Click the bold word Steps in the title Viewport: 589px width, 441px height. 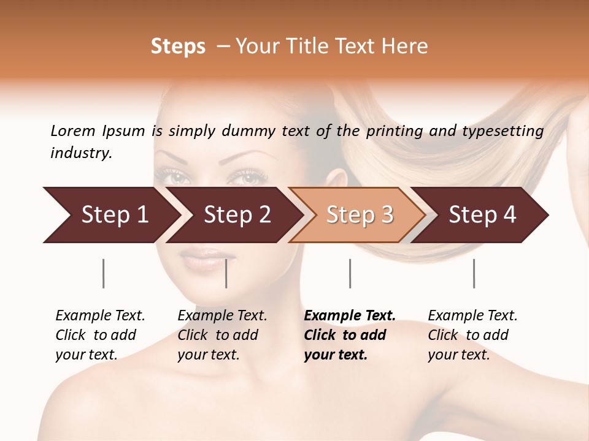[x=178, y=47]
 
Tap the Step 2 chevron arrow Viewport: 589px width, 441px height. [x=237, y=215]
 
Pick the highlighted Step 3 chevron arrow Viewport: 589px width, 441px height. [x=360, y=215]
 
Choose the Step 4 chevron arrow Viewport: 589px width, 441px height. [x=482, y=215]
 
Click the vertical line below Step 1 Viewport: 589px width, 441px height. [x=103, y=273]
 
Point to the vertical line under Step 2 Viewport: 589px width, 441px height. [x=226, y=273]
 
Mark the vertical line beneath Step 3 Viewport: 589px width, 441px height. [x=350, y=273]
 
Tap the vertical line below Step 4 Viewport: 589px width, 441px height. [x=474, y=273]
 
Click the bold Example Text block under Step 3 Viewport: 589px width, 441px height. [x=349, y=335]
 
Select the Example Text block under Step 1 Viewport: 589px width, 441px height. [x=100, y=335]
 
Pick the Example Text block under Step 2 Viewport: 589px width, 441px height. [x=222, y=335]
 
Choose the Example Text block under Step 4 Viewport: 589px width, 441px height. [x=472, y=335]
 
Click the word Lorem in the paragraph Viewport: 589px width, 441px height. [x=72, y=130]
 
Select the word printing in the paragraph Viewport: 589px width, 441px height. [x=395, y=130]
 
